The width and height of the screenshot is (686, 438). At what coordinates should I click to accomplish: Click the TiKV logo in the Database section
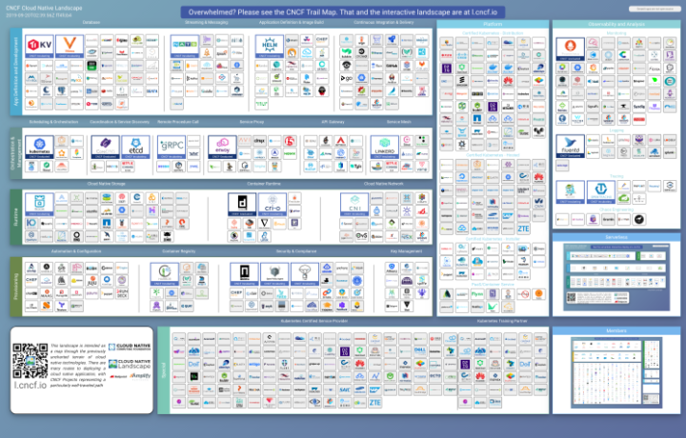(40, 46)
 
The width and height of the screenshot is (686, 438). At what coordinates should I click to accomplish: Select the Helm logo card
(270, 46)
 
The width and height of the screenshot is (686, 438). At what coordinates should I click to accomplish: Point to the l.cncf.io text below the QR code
(30, 388)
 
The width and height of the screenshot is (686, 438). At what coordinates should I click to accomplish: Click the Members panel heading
(615, 329)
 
